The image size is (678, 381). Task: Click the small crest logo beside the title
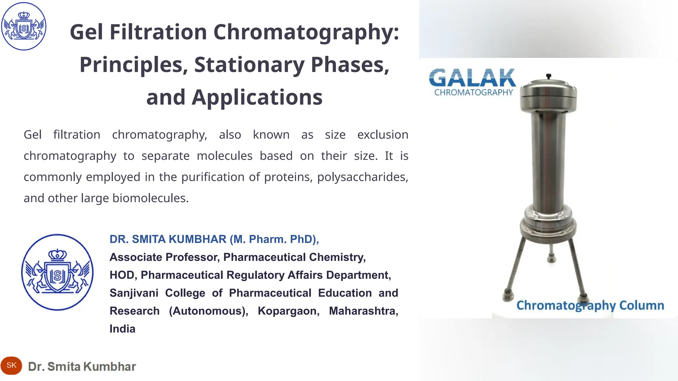[x=24, y=26]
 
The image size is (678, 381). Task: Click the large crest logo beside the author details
[x=57, y=272]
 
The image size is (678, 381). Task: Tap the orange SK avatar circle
[x=11, y=365]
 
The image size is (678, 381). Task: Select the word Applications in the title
[x=257, y=97]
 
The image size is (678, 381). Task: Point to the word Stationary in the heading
[x=249, y=64]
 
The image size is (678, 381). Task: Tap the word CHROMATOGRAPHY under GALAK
[x=473, y=93]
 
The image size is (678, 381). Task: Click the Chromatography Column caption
[x=590, y=305]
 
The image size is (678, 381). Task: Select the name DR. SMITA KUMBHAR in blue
[x=168, y=239]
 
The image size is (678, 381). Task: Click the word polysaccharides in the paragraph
[x=363, y=177]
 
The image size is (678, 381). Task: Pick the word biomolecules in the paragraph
[x=150, y=198]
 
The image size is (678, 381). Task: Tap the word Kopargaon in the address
[x=289, y=311]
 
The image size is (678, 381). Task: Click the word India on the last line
[x=122, y=329]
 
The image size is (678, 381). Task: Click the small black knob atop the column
[x=549, y=76]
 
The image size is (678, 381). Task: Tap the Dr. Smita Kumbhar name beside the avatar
[x=82, y=366]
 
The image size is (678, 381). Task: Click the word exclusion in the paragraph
[x=383, y=135]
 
